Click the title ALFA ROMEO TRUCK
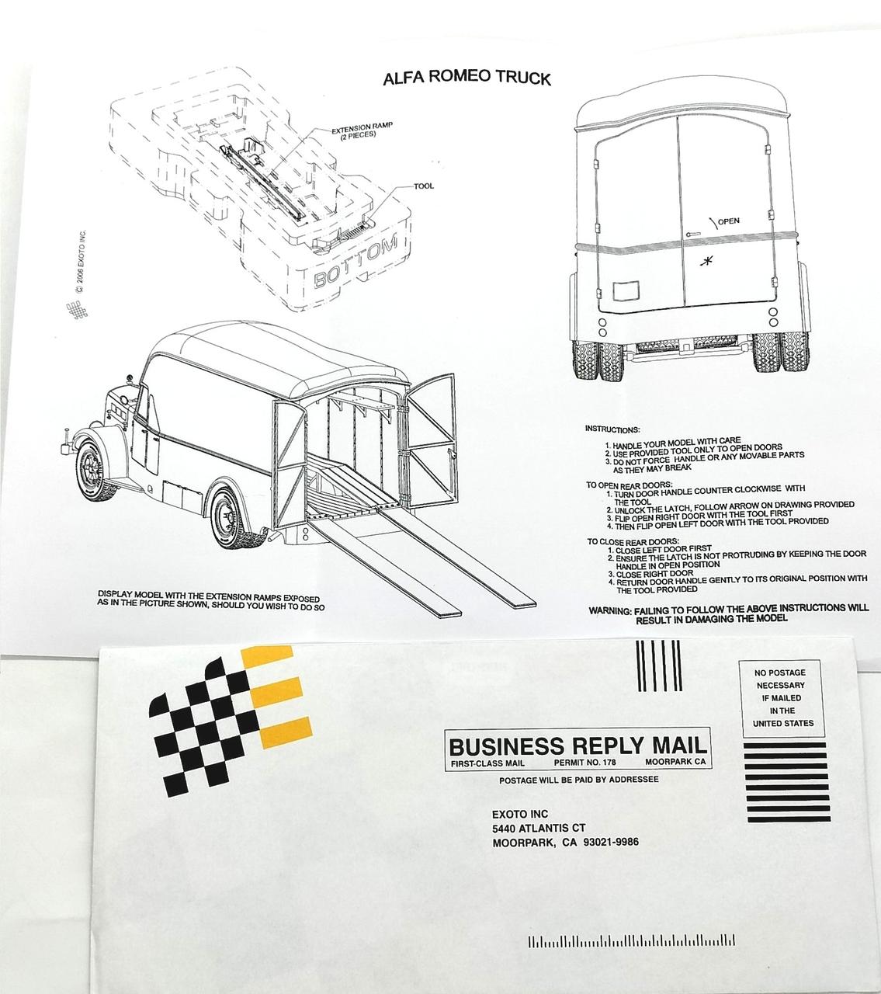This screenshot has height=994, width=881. pos(467,78)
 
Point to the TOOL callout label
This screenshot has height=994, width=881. pos(424,186)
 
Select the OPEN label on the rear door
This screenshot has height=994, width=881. pos(728,221)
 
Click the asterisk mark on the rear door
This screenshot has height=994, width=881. pos(706,260)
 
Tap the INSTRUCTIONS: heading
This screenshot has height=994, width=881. pos(612,429)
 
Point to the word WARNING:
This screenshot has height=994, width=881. pos(609,611)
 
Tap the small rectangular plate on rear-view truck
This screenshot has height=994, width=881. pos(624,292)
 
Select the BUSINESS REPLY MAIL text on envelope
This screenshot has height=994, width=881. pos(578,745)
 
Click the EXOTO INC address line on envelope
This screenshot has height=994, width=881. pos(520,814)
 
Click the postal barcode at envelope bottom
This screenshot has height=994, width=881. pos(631,942)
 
